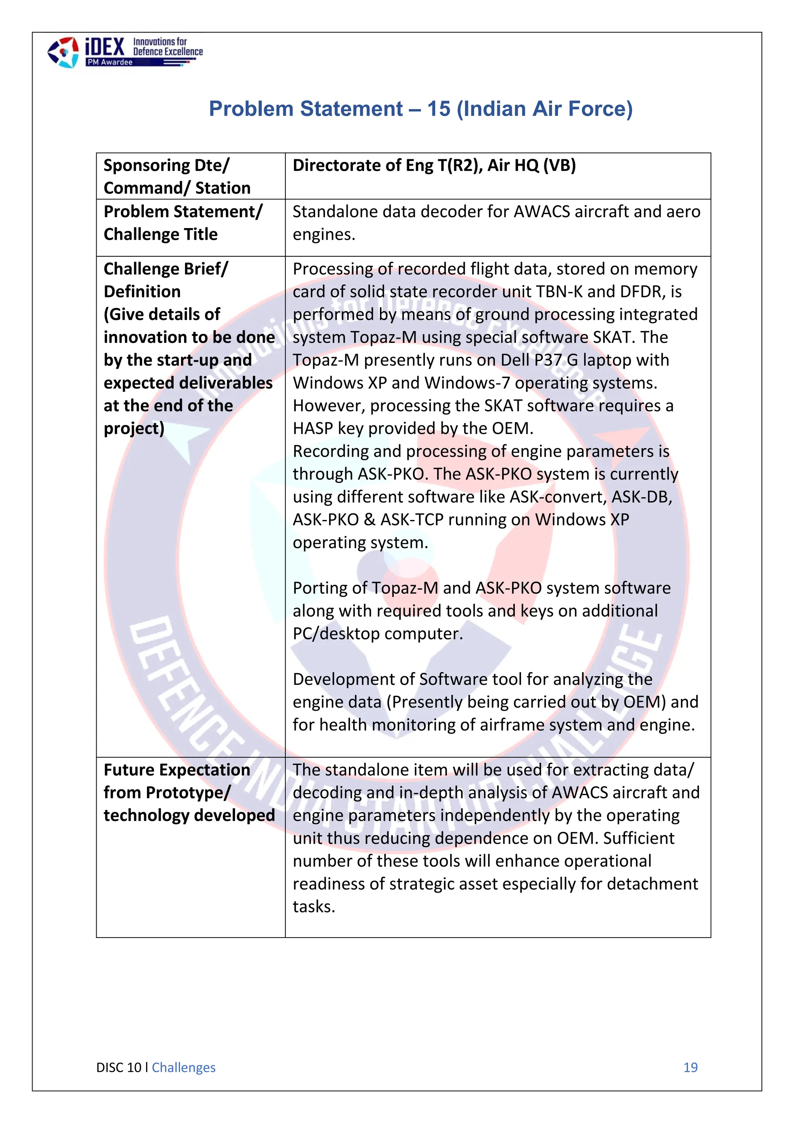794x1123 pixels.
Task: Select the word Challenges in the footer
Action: [x=183, y=1067]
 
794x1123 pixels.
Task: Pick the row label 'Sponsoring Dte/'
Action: [x=166, y=165]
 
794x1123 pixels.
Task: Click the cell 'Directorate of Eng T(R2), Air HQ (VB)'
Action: [x=434, y=165]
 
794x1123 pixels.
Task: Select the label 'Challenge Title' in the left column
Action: [x=161, y=234]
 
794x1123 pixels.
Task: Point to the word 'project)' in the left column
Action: [x=133, y=428]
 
